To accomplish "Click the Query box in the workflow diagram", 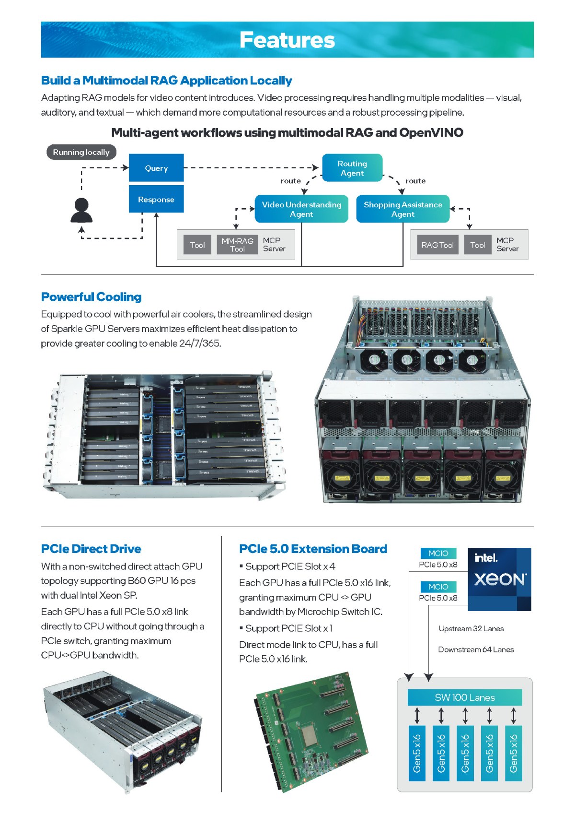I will (x=156, y=168).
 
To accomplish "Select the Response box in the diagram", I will (x=156, y=199).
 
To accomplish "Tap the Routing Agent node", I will (x=352, y=168).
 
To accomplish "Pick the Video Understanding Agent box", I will (x=301, y=209).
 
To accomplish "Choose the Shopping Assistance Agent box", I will (x=403, y=209).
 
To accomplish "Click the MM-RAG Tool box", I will (x=237, y=245).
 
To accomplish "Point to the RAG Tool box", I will (x=437, y=245).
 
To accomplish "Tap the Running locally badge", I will (x=81, y=152).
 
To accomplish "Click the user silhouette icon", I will (x=81, y=211).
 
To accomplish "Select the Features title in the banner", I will (x=287, y=40).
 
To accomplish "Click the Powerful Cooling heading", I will (x=91, y=297).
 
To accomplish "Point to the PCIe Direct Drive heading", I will (x=91, y=549).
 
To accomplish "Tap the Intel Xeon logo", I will (x=499, y=579).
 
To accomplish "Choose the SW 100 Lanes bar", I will (x=464, y=697).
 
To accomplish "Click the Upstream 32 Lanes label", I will (x=471, y=628).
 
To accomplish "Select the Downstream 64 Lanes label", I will (x=476, y=649).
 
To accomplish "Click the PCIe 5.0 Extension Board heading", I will (x=313, y=549).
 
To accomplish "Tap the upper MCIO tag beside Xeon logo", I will (x=438, y=553).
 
